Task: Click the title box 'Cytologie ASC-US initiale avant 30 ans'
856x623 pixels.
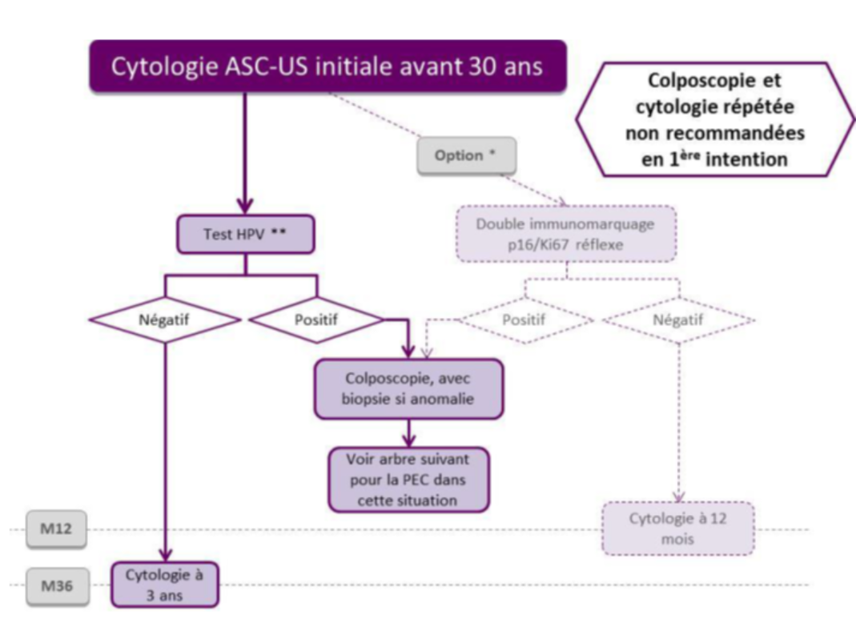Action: click(326, 66)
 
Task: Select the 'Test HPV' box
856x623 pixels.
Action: click(245, 234)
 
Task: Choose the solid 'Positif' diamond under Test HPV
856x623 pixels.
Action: click(316, 320)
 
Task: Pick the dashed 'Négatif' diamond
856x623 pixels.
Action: click(677, 320)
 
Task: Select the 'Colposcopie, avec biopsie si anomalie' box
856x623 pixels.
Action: click(409, 388)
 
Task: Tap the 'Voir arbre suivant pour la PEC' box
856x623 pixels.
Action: click(408, 480)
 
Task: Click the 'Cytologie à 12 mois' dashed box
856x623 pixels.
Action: click(677, 528)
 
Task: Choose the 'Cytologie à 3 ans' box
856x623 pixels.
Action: click(163, 584)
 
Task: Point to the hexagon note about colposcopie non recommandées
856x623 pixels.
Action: click(714, 120)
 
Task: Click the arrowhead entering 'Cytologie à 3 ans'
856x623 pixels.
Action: click(166, 554)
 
